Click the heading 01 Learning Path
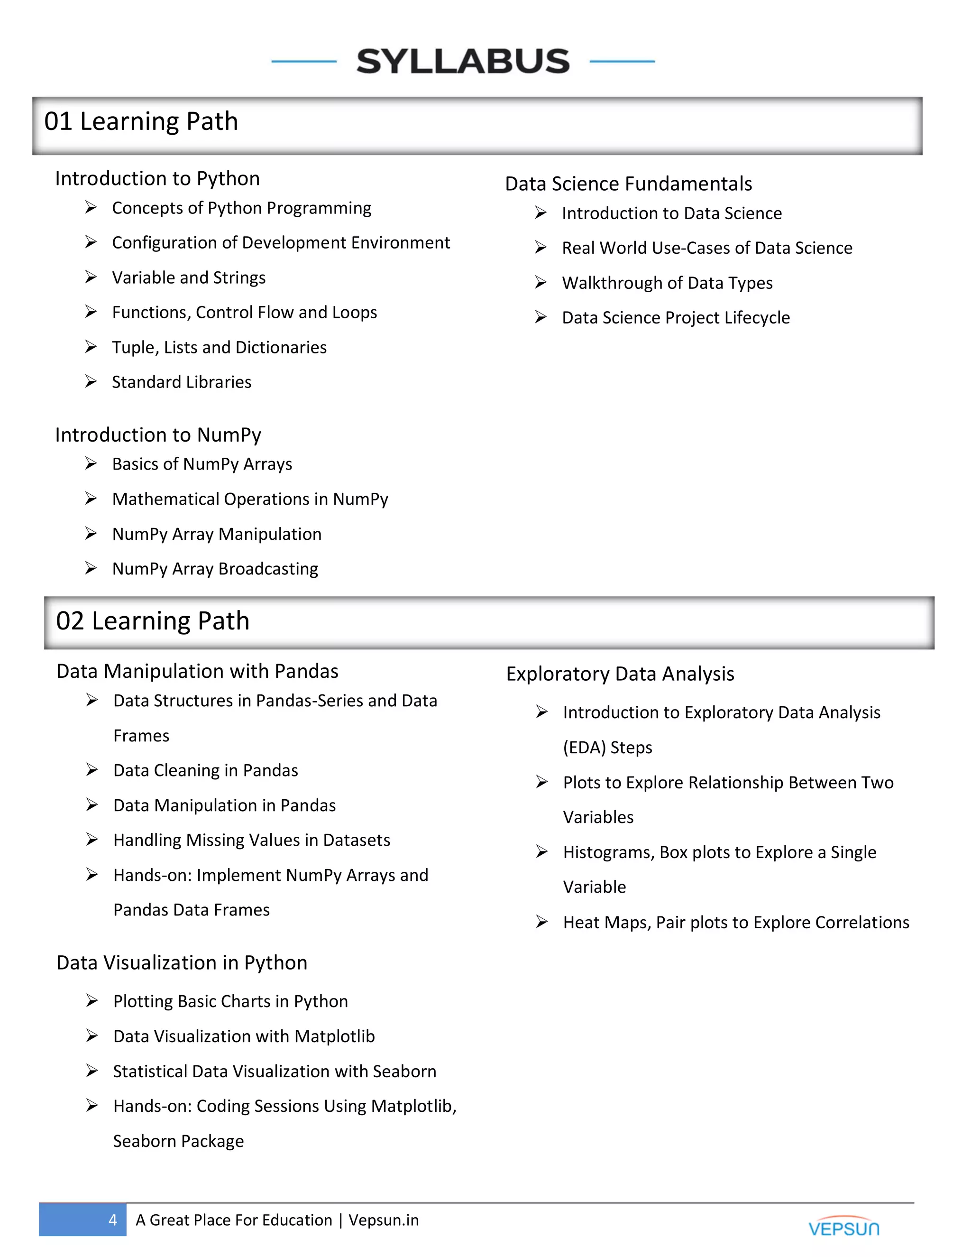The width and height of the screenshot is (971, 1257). pyautogui.click(x=141, y=121)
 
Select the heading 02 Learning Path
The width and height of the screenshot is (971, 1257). pyautogui.click(x=153, y=621)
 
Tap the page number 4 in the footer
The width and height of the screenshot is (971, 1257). pyautogui.click(x=113, y=1220)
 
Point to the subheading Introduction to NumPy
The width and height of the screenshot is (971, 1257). pyautogui.click(x=158, y=434)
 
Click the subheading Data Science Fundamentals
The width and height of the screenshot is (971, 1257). pyautogui.click(x=628, y=184)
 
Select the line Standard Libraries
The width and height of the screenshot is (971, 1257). pyautogui.click(x=181, y=382)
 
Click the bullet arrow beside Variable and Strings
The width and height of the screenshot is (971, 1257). pyautogui.click(x=91, y=277)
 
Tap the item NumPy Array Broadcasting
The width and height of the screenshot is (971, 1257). pyautogui.click(x=215, y=569)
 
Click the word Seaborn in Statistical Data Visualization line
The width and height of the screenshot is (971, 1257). pyautogui.click(x=404, y=1071)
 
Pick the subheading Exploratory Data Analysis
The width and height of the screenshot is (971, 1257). pyautogui.click(x=620, y=674)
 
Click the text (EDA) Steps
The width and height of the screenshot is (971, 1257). pyautogui.click(x=607, y=747)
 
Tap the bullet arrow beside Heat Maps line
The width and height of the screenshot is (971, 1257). pyautogui.click(x=541, y=922)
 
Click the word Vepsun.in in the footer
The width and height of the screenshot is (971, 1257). pyautogui.click(x=384, y=1220)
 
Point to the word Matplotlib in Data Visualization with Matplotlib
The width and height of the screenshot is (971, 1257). pyautogui.click(x=334, y=1036)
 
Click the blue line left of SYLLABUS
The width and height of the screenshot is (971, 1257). pyautogui.click(x=304, y=61)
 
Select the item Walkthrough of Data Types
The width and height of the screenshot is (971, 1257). pyautogui.click(x=667, y=283)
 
